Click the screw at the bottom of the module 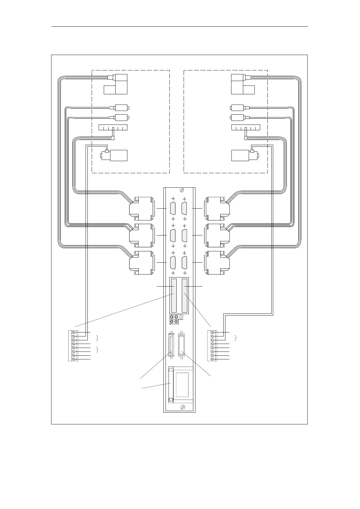pyautogui.click(x=182, y=407)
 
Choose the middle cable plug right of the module pyautogui.click(x=217, y=235)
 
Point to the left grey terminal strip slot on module pyautogui.click(x=174, y=295)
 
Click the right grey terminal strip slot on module pyautogui.click(x=184, y=295)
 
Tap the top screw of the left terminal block pyautogui.click(x=73, y=333)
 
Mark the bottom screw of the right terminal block pyautogui.click(x=212, y=359)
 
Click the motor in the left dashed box pyautogui.click(x=114, y=155)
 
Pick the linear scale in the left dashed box pyautogui.click(x=113, y=127)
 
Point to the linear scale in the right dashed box pyautogui.click(x=245, y=127)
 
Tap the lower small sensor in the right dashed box pyautogui.click(x=239, y=117)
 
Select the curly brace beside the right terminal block pyautogui.click(x=236, y=338)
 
